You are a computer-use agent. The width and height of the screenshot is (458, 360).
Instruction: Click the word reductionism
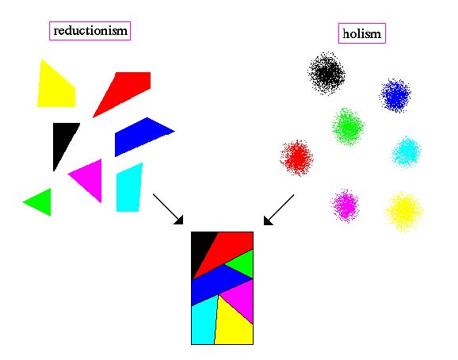pos(90,31)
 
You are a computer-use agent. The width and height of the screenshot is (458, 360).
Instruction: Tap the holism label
pos(362,33)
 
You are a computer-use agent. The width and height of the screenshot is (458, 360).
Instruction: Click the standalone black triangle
pos(63,140)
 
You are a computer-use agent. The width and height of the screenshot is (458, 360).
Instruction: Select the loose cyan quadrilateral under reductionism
pos(128,189)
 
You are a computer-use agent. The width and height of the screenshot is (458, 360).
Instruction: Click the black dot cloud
pos(326,73)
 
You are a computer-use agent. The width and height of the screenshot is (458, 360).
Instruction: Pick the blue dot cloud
pos(395,95)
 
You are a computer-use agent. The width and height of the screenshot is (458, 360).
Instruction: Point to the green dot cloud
pos(348,127)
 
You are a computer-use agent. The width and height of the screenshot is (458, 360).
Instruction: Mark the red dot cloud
pos(296,158)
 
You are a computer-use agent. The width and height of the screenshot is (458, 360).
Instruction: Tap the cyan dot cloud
pos(406,152)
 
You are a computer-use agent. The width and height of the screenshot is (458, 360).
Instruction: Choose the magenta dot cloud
pos(345,205)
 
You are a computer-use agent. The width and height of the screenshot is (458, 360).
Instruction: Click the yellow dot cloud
pos(404,211)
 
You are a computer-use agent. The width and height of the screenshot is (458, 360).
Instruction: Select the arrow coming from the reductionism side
pos(168,209)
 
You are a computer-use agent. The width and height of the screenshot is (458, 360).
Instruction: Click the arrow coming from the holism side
pos(279,210)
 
